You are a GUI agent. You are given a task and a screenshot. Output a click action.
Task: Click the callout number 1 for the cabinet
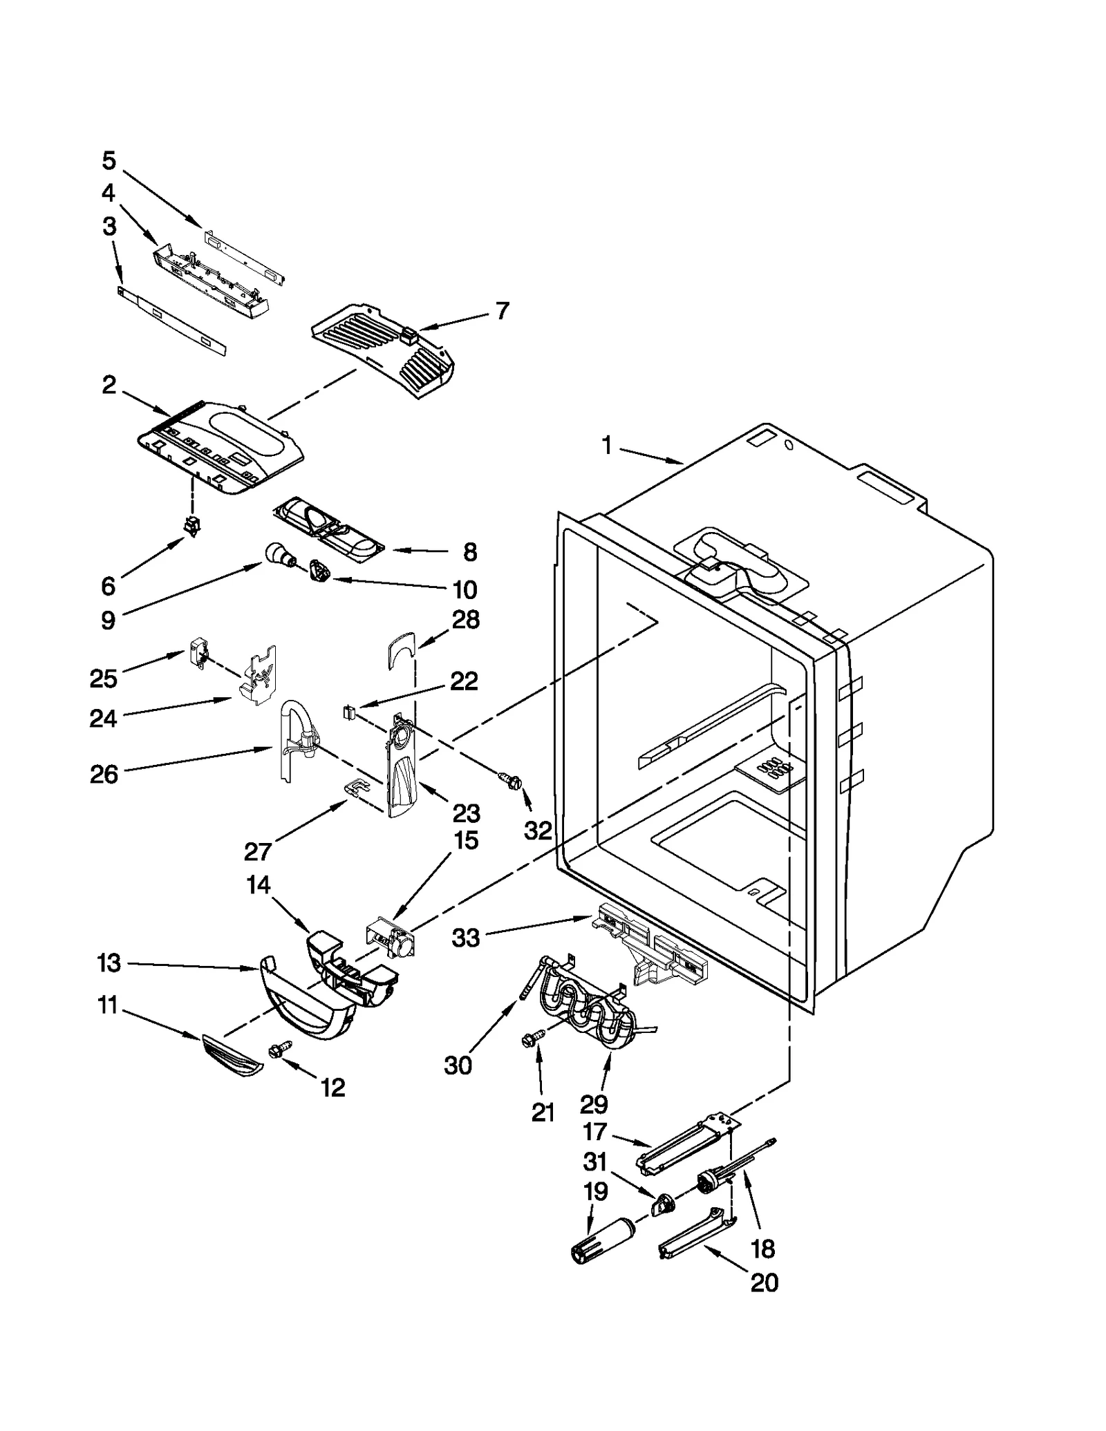pyautogui.click(x=606, y=446)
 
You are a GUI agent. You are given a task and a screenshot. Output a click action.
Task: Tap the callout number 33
pyautogui.click(x=466, y=938)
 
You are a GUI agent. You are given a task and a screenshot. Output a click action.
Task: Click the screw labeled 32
pyautogui.click(x=512, y=780)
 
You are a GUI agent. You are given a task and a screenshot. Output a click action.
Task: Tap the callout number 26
pyautogui.click(x=104, y=775)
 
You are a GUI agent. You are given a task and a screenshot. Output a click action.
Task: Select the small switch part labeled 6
pyautogui.click(x=191, y=528)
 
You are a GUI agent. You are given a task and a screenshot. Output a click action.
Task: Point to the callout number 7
pyautogui.click(x=503, y=311)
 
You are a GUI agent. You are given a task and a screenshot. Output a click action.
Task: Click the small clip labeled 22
pyautogui.click(x=349, y=711)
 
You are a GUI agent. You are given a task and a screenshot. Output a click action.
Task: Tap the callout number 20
pyautogui.click(x=765, y=1283)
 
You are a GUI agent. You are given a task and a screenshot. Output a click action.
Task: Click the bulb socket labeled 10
pyautogui.click(x=319, y=572)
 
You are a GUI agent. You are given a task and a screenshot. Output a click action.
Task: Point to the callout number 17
pyautogui.click(x=595, y=1132)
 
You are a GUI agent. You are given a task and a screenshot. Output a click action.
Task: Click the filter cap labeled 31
pyautogui.click(x=664, y=1205)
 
